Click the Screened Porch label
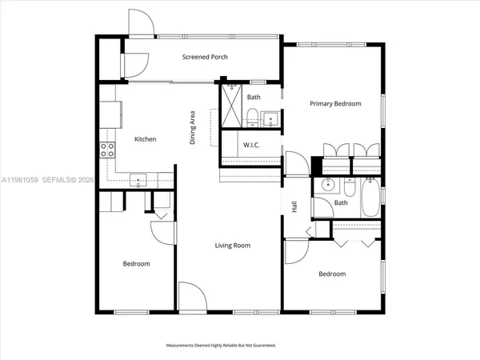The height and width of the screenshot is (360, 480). [x=201, y=57]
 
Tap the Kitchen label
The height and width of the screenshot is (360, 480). [x=145, y=139]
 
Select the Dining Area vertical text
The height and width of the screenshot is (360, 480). [x=193, y=127]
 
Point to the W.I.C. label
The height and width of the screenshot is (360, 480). [x=250, y=146]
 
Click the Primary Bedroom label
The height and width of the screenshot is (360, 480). [x=335, y=103]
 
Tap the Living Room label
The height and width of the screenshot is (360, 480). [x=231, y=246]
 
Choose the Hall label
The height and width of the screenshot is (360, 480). [x=294, y=206]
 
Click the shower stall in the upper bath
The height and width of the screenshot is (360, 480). [x=231, y=106]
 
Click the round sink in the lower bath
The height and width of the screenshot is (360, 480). [x=327, y=186]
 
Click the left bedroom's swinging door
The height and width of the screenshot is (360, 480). [x=162, y=232]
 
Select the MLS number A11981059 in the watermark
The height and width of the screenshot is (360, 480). [x=24, y=180]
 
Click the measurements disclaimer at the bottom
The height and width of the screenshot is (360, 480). [x=221, y=346]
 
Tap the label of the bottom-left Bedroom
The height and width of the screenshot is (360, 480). [x=136, y=263]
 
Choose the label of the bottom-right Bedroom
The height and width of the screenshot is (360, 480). [x=332, y=274]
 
